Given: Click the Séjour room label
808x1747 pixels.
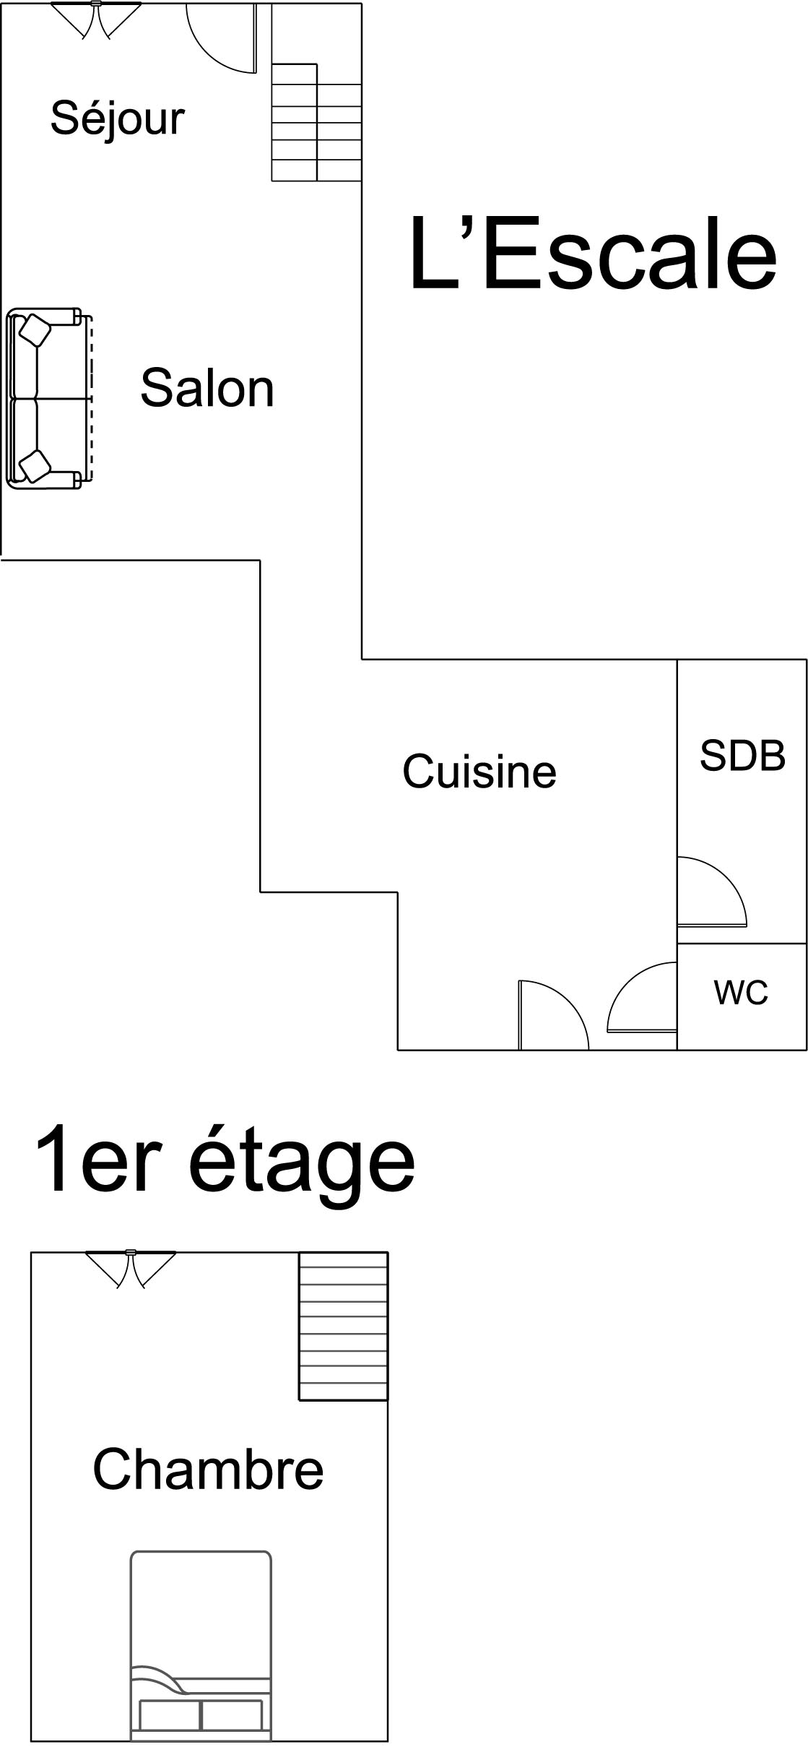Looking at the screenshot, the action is pos(118,119).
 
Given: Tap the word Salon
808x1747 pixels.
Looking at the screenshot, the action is pos(207,388).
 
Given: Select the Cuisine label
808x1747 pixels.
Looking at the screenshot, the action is pos(479,771).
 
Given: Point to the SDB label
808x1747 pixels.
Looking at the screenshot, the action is pos(742,756).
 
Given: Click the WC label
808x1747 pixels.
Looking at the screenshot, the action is pos(741,993).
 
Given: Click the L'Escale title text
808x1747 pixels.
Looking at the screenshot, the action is pos(592,254).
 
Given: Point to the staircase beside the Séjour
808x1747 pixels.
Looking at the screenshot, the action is pos(316,121).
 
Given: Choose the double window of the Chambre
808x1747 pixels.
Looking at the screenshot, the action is pos(131,1269).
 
